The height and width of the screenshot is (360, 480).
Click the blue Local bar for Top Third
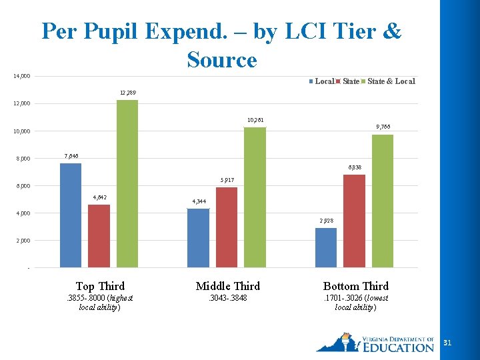(71, 215)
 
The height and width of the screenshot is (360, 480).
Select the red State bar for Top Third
(99, 236)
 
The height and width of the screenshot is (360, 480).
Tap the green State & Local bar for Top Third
(127, 184)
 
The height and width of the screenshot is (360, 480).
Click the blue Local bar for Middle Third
(198, 238)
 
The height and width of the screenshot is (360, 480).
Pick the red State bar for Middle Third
(227, 227)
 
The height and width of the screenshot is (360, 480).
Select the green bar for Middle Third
(255, 197)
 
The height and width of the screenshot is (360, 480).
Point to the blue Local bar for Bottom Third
(326, 247)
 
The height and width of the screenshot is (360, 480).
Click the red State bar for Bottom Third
(354, 221)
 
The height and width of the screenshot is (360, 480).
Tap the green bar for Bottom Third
(383, 201)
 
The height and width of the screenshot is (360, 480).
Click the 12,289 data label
(128, 92)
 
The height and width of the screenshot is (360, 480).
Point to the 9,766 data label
(383, 127)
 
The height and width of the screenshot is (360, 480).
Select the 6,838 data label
(355, 167)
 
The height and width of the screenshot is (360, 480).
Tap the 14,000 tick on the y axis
(22, 76)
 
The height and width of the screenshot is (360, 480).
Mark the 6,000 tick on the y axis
(23, 186)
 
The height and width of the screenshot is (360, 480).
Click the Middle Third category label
(228, 286)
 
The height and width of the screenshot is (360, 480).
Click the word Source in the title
(222, 60)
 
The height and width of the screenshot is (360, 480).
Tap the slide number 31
(447, 343)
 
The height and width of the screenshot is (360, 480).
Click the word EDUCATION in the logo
(398, 347)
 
